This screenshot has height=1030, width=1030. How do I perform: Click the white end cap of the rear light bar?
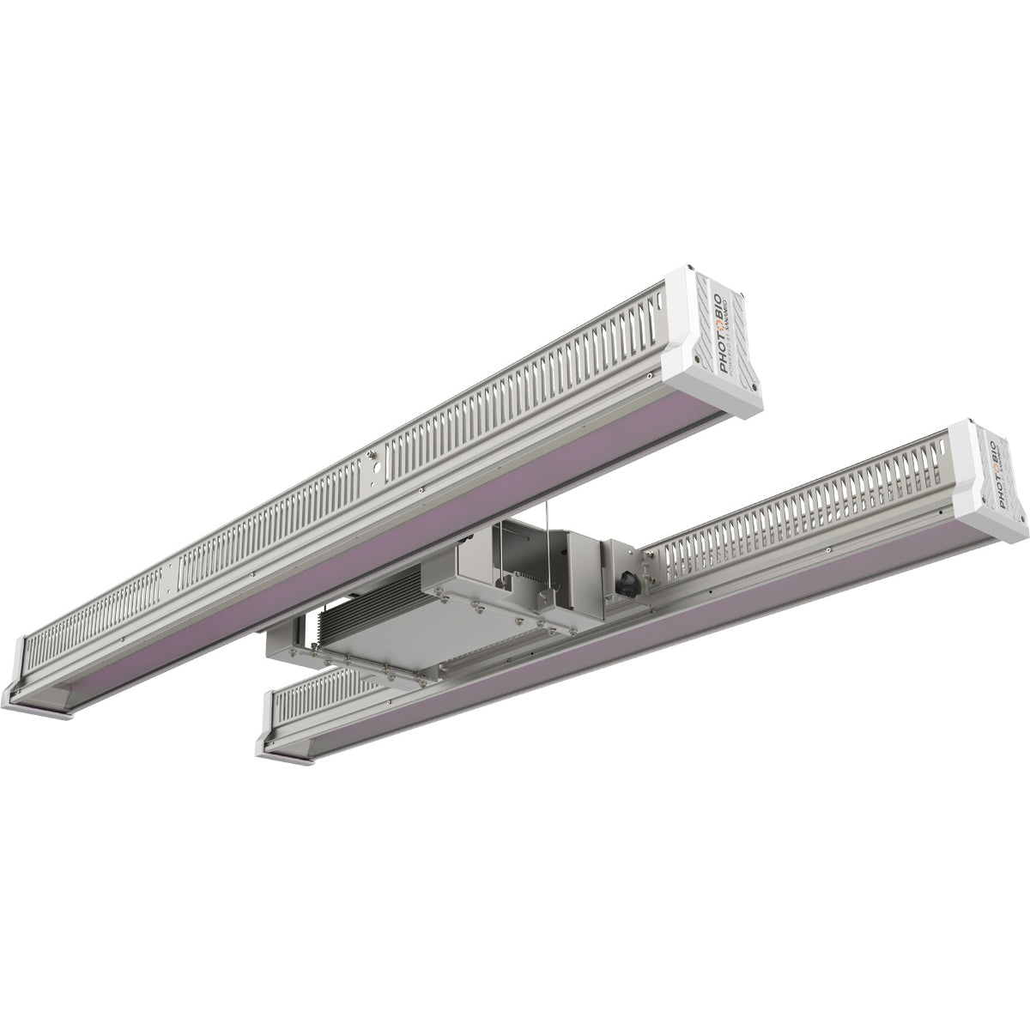tap(712, 343)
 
